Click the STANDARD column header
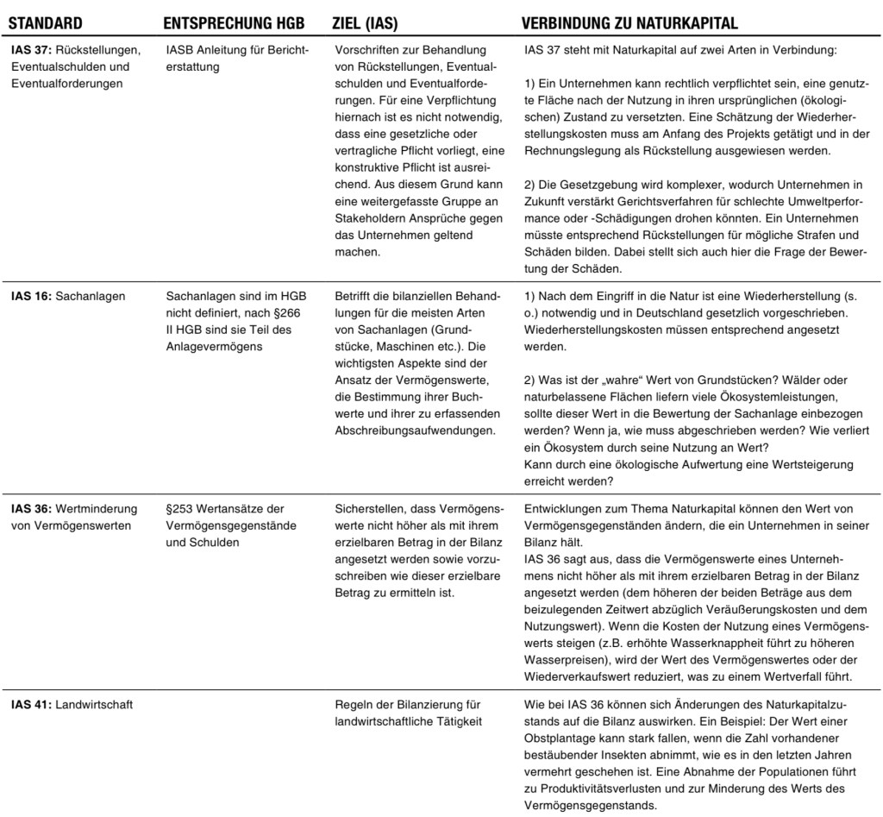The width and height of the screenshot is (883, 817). coord(45,22)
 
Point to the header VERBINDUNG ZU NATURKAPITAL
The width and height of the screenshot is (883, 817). coord(629,22)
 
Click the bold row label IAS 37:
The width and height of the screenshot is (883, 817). coord(31,51)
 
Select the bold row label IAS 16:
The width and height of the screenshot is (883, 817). coord(31,296)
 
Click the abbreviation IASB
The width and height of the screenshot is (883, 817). coord(180,51)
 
